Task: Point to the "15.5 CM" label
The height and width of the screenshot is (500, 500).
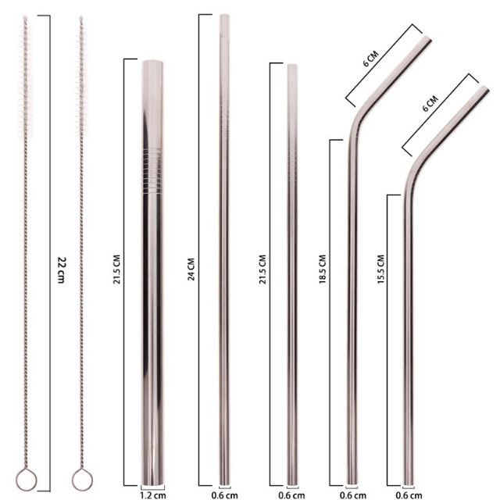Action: [x=380, y=270]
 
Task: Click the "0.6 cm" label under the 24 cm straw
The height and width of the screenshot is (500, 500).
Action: [x=225, y=494]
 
